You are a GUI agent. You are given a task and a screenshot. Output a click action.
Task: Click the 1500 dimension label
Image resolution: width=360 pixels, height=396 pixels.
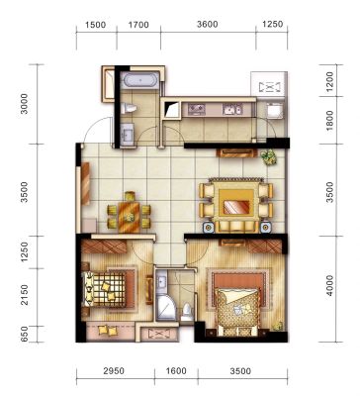pos(96,25)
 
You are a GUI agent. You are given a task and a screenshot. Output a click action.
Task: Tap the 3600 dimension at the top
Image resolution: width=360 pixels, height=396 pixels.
pos(208,25)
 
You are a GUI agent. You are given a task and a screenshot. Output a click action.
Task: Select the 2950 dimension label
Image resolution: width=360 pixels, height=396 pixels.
pos(114,371)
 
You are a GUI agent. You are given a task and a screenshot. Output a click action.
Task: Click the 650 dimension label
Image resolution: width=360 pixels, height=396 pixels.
pos(25,334)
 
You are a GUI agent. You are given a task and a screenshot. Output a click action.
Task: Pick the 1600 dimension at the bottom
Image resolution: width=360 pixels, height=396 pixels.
pos(176,371)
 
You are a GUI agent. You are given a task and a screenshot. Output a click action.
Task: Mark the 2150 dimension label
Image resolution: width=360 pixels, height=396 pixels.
pos(25,295)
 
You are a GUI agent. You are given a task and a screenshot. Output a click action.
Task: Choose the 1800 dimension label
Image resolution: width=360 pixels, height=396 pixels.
pos(329,121)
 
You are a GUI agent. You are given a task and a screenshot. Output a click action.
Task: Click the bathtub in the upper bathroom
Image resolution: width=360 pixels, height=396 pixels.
pos(139,80)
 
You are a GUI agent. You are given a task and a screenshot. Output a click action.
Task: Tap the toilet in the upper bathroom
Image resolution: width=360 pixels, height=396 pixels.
pos(129,108)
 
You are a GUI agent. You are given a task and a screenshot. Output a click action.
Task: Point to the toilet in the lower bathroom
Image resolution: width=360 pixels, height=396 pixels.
pos(187,312)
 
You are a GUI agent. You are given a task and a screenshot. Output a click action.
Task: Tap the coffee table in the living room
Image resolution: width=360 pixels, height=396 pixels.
pos(236,202)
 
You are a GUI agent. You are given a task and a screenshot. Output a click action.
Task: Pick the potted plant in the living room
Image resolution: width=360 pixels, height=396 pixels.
pos(268,157)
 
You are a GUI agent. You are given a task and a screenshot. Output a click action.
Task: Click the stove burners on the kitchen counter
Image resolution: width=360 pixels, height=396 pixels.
pos(197,109)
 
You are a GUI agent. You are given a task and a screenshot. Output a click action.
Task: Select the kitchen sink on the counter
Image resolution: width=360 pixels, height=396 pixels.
pos(232,109)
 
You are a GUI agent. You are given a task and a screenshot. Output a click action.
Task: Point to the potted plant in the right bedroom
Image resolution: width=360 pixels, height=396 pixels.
pos(278,326)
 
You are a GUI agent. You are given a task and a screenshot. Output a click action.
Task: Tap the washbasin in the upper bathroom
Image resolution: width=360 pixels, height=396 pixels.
pos(127,135)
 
